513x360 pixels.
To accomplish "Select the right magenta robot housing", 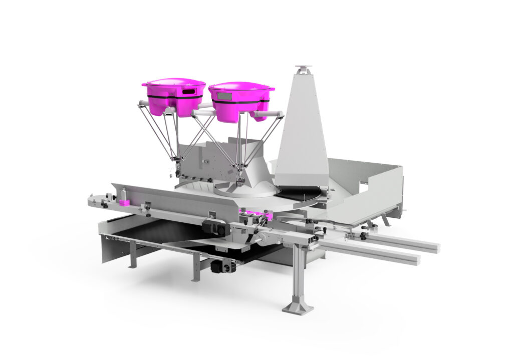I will pos(240,100).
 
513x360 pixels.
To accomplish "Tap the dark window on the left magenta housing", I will pos(188,92).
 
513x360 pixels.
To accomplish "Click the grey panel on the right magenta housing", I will pos(223,96).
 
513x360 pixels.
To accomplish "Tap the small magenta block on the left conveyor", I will pos(124,202).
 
